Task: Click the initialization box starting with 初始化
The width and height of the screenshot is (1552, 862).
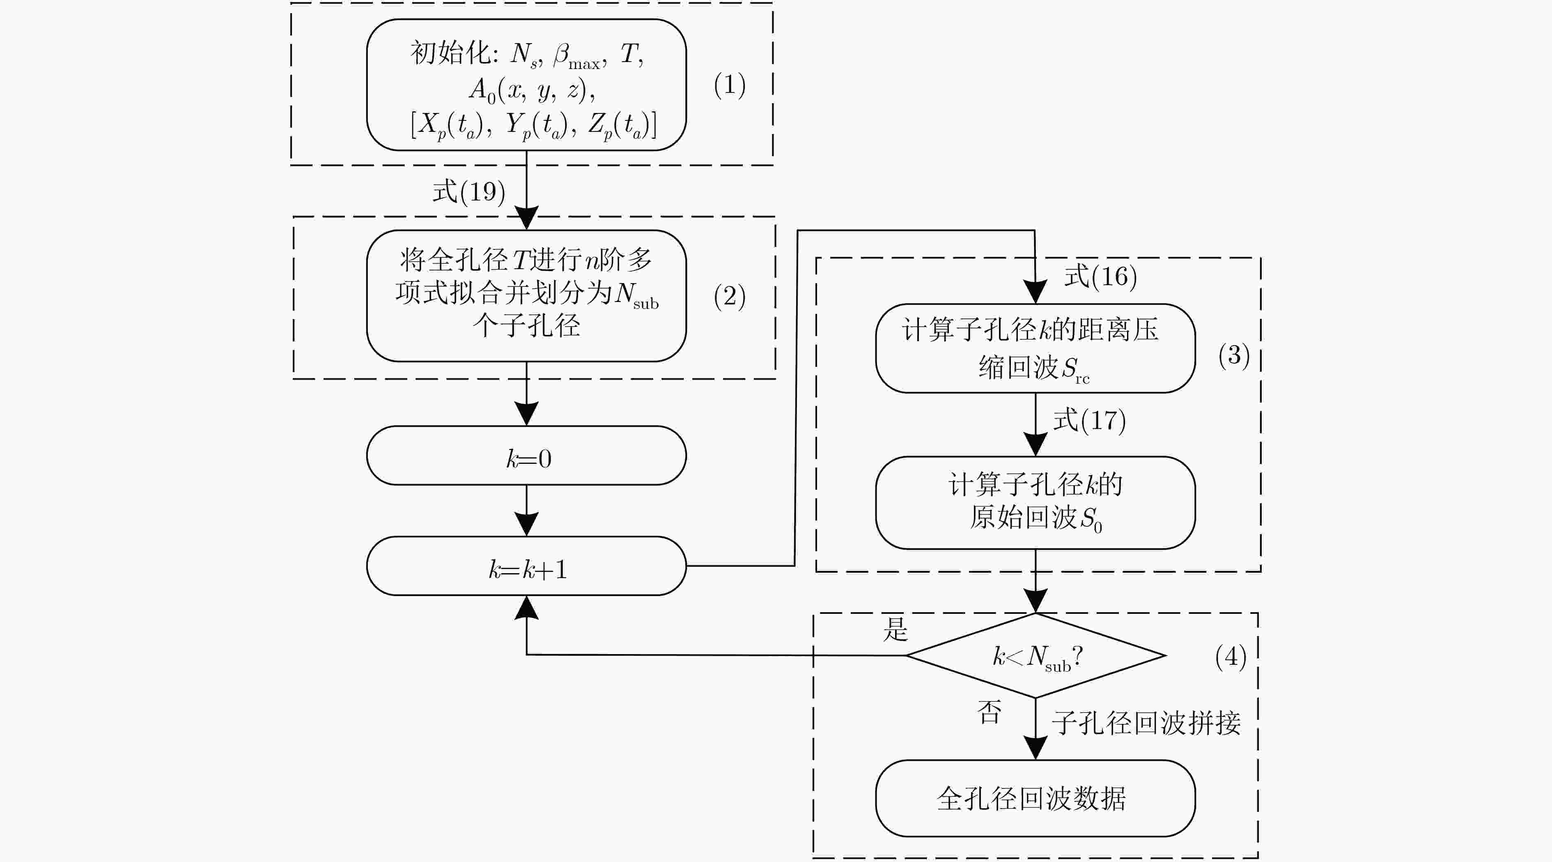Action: tap(526, 84)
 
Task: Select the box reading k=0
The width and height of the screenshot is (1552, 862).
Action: tap(526, 456)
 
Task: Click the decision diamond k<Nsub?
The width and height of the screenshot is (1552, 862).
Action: tap(1035, 655)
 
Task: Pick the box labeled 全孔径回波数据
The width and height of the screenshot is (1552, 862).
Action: tap(1035, 798)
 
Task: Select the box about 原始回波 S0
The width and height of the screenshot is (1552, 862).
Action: tap(1035, 503)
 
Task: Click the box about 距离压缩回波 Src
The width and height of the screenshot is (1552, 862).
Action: tap(1035, 348)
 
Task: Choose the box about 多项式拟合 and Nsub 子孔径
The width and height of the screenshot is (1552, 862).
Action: tap(526, 296)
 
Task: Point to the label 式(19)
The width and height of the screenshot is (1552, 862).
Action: tap(469, 192)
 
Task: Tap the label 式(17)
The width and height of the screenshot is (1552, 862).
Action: tap(1089, 420)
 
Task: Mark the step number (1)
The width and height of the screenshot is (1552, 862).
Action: tap(730, 85)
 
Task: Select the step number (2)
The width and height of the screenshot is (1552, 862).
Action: tap(730, 297)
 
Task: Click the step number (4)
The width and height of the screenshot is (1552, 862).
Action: tap(1231, 657)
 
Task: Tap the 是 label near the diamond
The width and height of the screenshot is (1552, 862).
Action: tap(895, 629)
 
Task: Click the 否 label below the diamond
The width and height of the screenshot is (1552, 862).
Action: tap(989, 712)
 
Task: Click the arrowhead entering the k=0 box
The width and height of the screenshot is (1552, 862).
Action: tap(526, 413)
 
